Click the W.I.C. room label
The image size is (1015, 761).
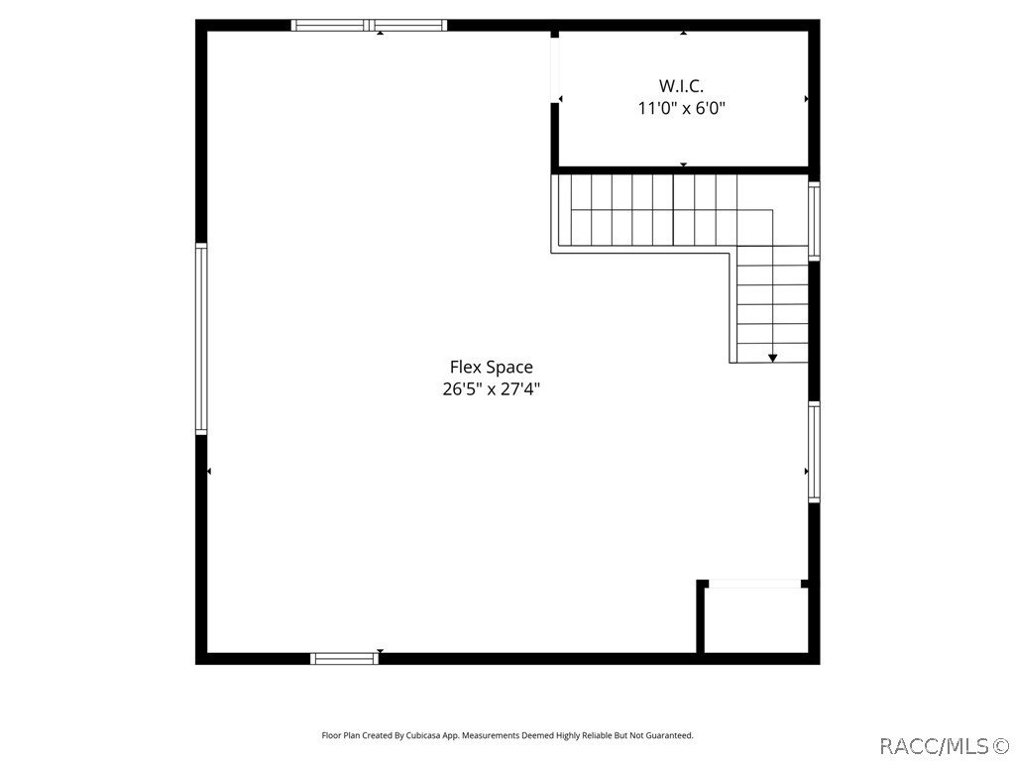tap(681, 86)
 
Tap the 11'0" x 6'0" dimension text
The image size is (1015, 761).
tap(681, 108)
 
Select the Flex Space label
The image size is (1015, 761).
tap(491, 368)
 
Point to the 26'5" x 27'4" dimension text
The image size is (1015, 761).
tap(491, 389)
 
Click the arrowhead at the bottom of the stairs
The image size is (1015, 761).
tap(772, 357)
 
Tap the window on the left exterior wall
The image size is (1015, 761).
tap(201, 339)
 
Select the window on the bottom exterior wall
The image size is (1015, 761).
tap(345, 658)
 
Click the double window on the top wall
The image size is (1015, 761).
tap(369, 26)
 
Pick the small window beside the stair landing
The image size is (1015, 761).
tap(814, 221)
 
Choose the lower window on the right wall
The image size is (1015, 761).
tap(814, 452)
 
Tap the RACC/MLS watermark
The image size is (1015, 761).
tap(944, 744)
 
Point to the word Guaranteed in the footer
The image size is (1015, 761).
tap(670, 735)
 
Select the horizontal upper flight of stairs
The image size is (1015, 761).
tap(644, 210)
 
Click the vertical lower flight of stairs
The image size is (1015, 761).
tap(771, 302)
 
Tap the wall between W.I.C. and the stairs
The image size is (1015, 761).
tap(682, 170)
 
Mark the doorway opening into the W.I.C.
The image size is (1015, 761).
tap(556, 99)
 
